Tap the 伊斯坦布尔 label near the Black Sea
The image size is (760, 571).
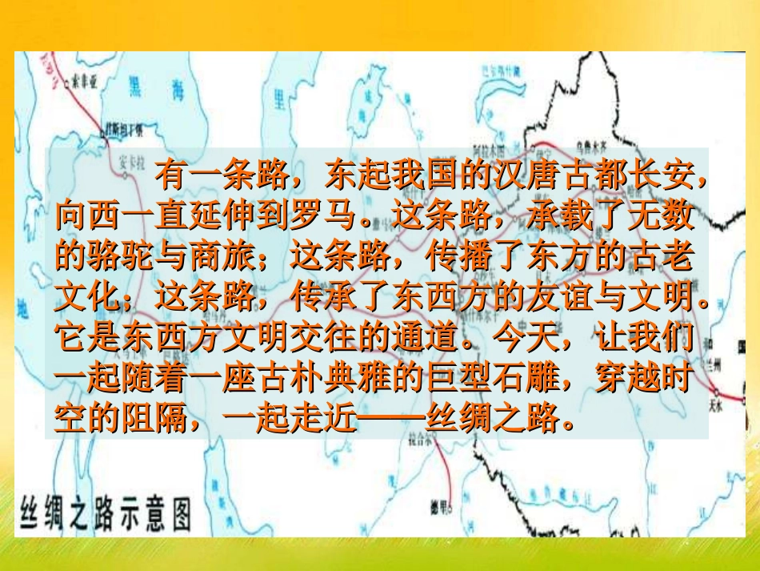click(124, 127)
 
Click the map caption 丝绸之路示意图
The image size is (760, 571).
click(104, 513)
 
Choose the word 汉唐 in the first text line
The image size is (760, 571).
click(526, 175)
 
